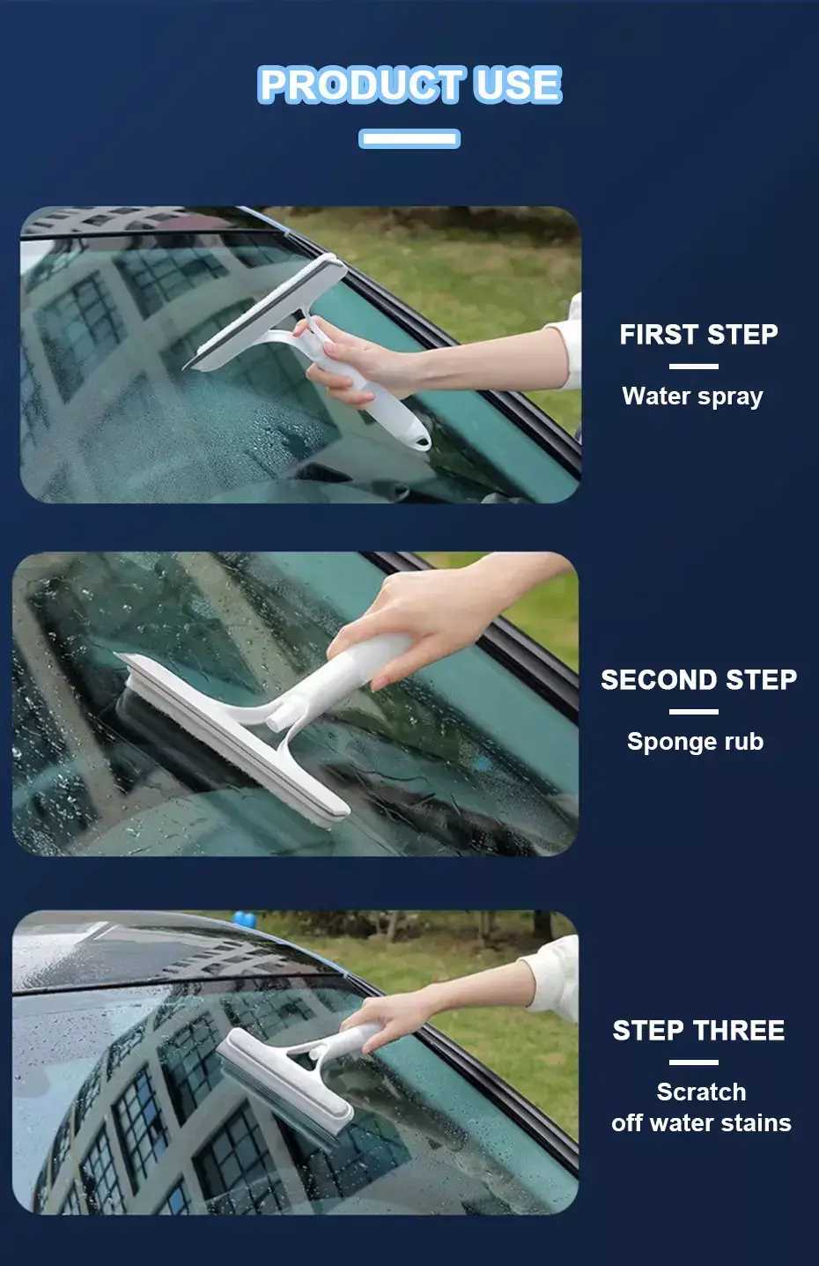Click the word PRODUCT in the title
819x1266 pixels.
coord(362,85)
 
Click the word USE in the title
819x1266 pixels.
coord(519,85)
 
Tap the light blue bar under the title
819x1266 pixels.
coord(409,138)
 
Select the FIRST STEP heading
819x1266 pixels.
coord(698,334)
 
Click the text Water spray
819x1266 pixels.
coord(692,396)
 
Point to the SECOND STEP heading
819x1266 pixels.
coord(698,679)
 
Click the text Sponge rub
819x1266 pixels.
coord(696,742)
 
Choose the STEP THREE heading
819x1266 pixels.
coord(698,1030)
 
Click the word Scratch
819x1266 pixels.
coord(701,1092)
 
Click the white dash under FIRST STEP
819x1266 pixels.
coord(694,366)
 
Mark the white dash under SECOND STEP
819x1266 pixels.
coord(694,712)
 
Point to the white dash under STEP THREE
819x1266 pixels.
coord(694,1062)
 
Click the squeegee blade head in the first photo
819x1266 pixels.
coord(265,313)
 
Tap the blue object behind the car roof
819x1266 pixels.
coord(244,920)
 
